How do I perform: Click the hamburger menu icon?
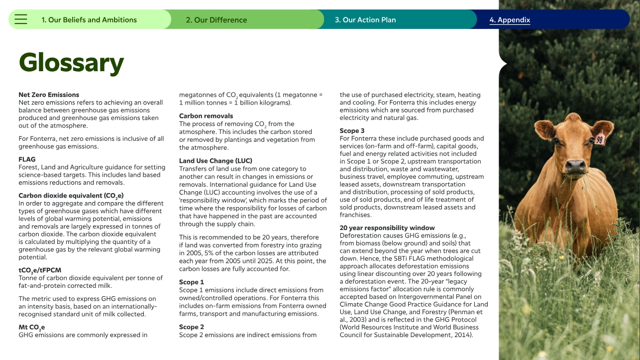[21, 19]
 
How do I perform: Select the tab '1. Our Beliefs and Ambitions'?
[89, 20]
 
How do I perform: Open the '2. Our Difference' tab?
[216, 20]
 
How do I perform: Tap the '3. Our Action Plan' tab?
[365, 20]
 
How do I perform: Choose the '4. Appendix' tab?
[510, 20]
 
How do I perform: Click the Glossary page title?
[71, 63]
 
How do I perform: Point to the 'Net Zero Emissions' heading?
[49, 95]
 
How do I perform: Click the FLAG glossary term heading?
[27, 159]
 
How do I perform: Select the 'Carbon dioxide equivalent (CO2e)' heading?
[71, 196]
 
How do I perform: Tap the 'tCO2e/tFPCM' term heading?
[40, 270]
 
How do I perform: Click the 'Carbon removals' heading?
[206, 116]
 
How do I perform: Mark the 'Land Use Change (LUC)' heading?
[215, 161]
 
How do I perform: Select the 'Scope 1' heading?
[192, 282]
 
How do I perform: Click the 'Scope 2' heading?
[192, 327]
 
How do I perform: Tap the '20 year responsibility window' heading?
[387, 228]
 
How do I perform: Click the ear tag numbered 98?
[600, 140]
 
